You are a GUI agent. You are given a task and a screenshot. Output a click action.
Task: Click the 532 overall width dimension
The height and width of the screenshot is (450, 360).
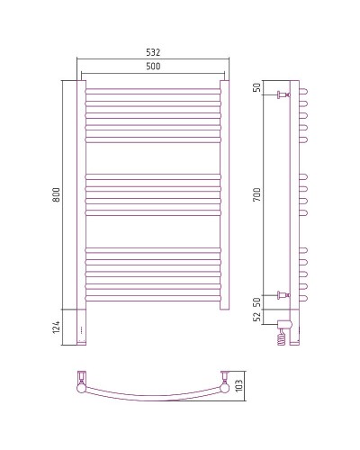(x=152, y=52)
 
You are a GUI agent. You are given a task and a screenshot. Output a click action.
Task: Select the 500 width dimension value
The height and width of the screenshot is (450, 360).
(x=152, y=67)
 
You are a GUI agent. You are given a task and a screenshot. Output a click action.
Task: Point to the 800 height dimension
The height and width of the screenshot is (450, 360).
(x=55, y=194)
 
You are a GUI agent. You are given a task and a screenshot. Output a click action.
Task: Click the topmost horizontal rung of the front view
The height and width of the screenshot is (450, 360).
(x=153, y=90)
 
